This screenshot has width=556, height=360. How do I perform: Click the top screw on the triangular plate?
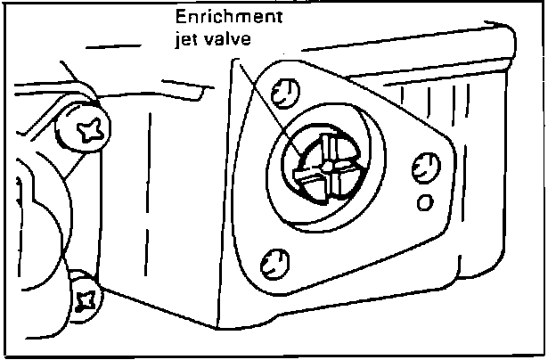click(x=284, y=91)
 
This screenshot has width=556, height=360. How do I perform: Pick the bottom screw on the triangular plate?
click(x=274, y=262)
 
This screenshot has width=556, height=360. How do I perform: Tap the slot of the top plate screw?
click(x=284, y=91)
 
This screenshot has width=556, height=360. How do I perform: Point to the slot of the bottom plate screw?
click(x=274, y=262)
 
